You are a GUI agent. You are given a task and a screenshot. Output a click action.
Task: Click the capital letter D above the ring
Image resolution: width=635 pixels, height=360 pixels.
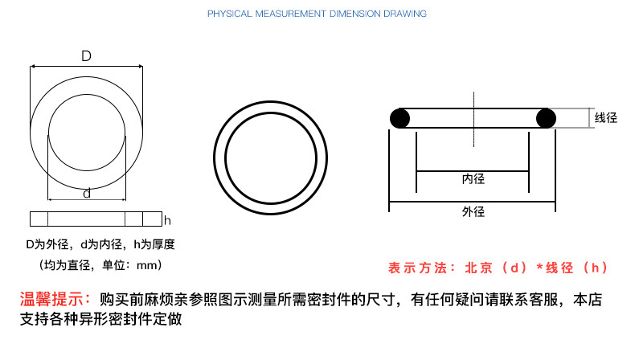86,56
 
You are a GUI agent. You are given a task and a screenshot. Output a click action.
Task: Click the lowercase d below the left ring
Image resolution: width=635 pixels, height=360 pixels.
87,194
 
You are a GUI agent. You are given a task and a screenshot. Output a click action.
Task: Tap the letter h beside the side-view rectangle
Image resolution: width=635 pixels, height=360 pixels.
167,221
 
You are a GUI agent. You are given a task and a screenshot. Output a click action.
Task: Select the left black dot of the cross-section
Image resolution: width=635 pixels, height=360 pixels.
399,119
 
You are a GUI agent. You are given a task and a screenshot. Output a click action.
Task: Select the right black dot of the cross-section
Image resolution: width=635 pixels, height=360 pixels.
546,119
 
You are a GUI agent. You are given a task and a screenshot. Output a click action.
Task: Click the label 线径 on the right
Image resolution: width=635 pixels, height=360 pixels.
606,118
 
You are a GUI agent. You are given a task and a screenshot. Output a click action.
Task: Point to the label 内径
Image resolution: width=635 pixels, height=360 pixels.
473,179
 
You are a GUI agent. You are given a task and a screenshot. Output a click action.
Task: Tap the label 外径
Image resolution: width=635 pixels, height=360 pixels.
473,211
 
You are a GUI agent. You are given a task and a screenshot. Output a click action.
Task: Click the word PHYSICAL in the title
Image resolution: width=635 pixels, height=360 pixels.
230,14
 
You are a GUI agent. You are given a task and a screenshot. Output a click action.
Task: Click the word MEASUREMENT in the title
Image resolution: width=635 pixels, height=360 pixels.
290,14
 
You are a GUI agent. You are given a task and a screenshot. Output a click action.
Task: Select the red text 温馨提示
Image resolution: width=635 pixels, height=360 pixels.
52,299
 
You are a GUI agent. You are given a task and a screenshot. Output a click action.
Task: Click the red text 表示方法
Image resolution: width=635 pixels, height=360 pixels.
416,268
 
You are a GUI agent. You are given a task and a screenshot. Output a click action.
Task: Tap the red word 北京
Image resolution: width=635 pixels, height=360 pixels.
479,268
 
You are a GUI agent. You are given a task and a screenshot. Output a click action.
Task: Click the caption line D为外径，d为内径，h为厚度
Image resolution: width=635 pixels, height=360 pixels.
100,244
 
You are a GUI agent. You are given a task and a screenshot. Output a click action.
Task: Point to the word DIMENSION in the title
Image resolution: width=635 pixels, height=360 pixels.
355,14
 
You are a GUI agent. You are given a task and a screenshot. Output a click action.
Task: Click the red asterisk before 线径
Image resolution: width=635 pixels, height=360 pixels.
539,267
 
